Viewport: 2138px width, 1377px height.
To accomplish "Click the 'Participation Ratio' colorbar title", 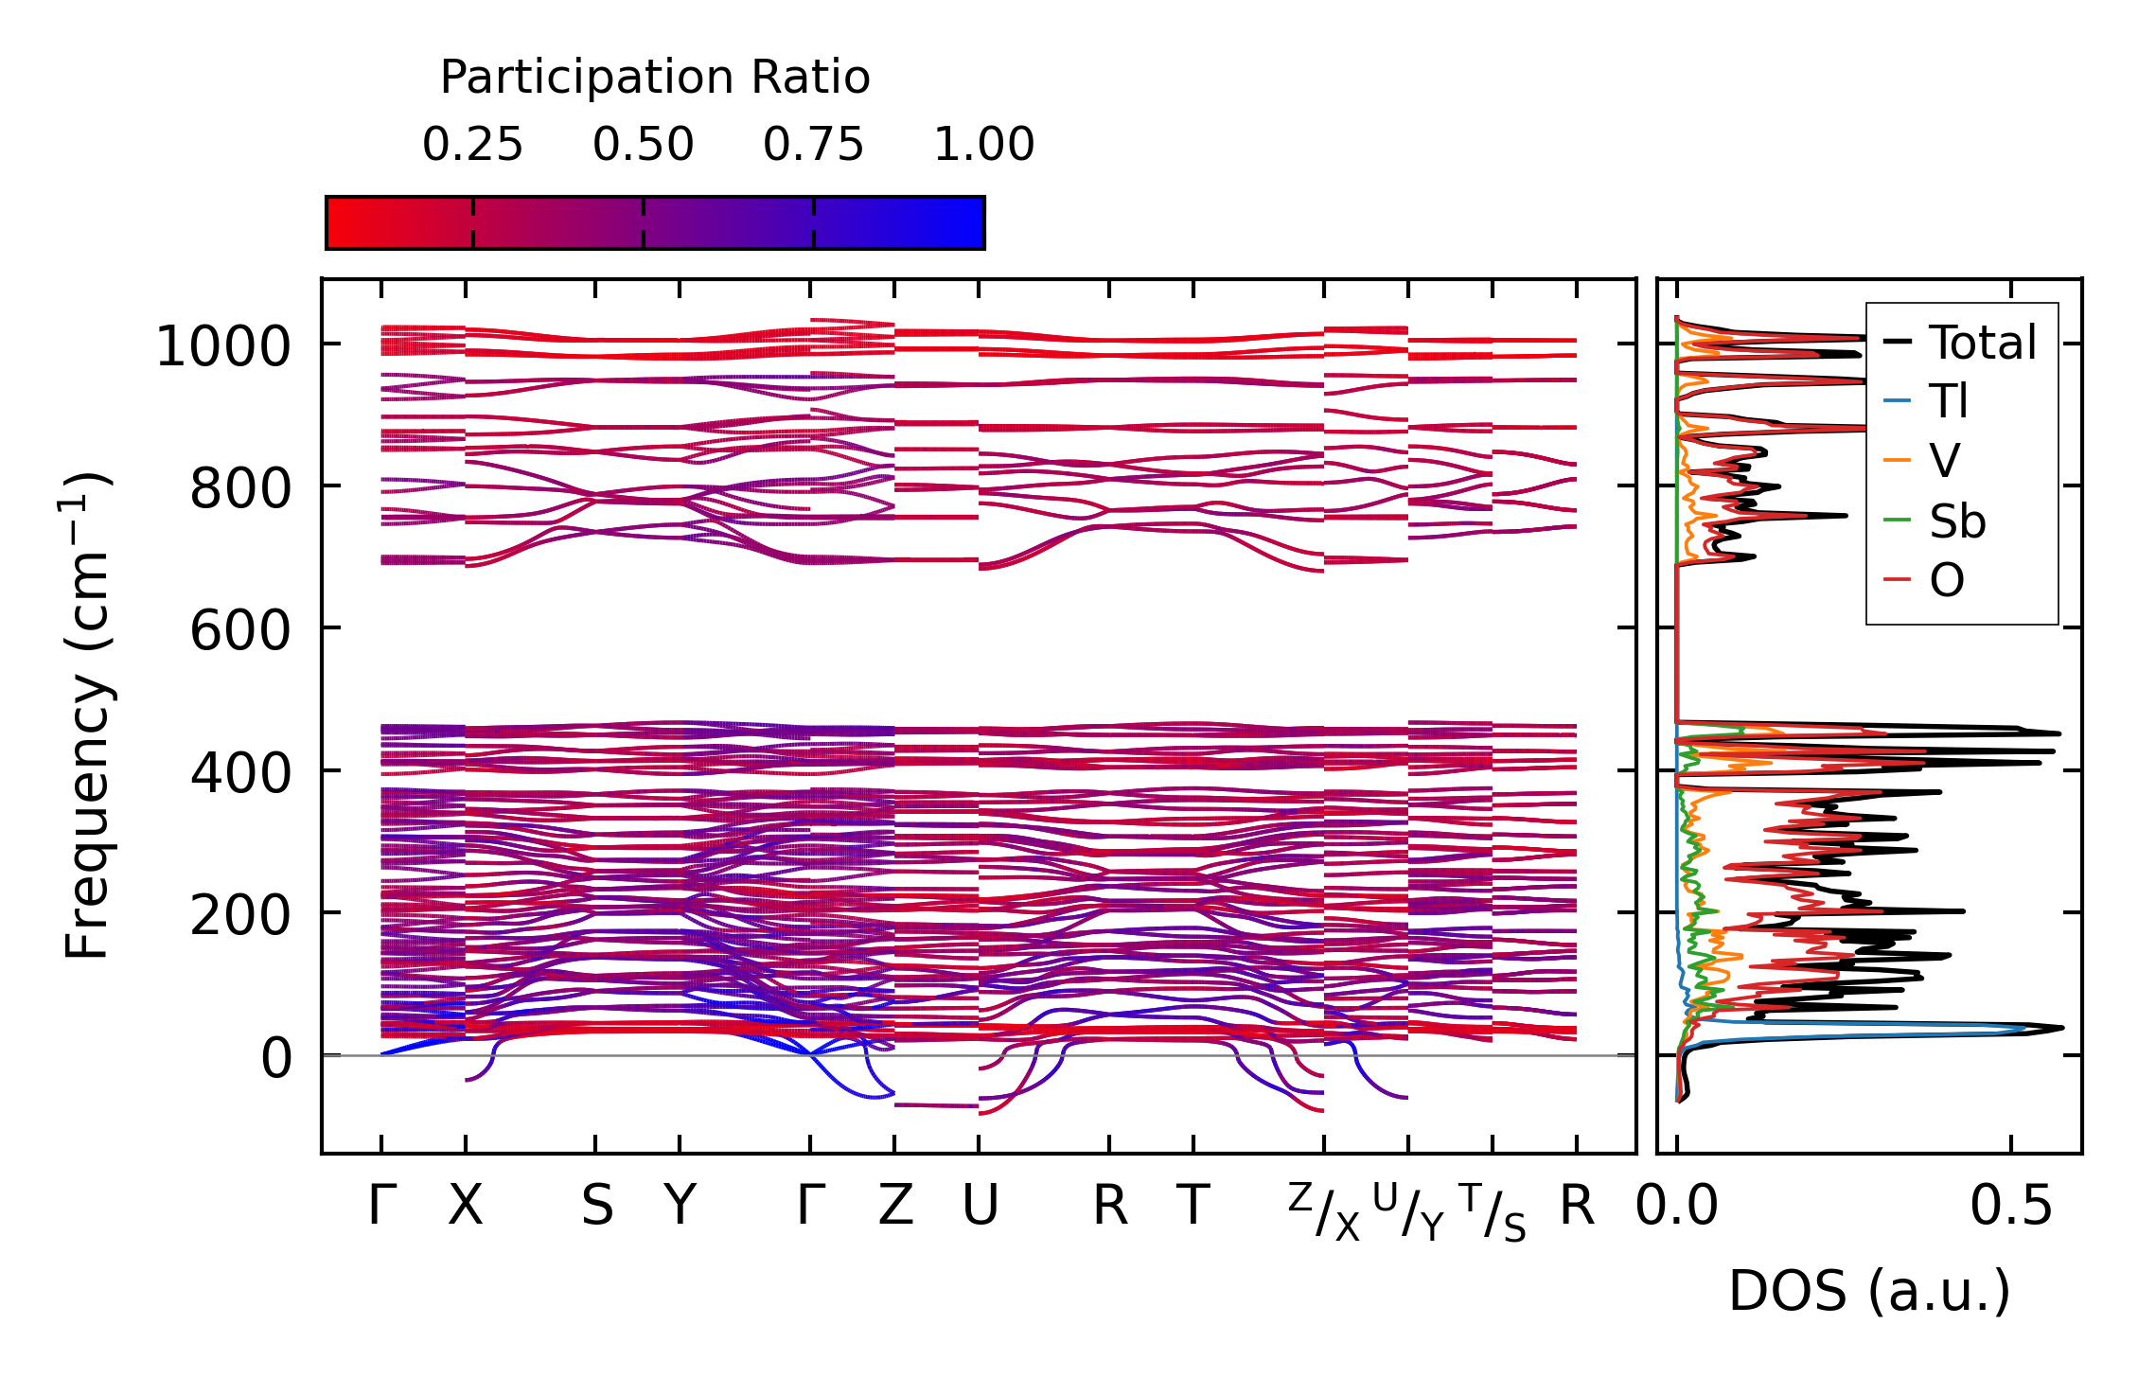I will click(655, 78).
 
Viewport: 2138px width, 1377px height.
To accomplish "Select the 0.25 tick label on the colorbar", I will click(472, 145).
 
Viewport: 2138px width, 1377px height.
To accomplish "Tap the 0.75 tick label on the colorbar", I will click(813, 145).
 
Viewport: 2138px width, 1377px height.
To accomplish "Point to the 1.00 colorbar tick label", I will click(983, 145).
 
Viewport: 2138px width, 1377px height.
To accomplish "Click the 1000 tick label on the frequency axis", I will click(222, 346).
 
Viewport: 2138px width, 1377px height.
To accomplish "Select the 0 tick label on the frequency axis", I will click(276, 1058).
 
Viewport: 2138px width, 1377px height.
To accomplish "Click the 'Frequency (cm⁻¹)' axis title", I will click(88, 715).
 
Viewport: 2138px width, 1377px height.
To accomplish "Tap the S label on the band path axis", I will click(596, 1207).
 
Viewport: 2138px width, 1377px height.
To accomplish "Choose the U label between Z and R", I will click(980, 1207).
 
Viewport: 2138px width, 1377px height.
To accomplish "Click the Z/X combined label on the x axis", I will click(1323, 1211).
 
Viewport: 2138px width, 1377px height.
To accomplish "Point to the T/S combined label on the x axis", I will click(1493, 1211).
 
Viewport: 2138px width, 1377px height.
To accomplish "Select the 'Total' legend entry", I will click(1982, 343).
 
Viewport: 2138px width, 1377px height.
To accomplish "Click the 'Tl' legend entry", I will click(1949, 401).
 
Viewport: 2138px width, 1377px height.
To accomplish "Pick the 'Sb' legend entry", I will click(1956, 521).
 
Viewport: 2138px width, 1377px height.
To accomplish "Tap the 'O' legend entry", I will click(1947, 580).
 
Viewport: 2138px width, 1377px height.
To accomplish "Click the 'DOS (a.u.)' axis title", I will click(1869, 1291).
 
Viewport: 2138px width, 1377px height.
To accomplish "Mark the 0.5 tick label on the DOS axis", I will click(2010, 1207).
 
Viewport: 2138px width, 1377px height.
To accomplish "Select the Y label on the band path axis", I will click(680, 1207).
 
